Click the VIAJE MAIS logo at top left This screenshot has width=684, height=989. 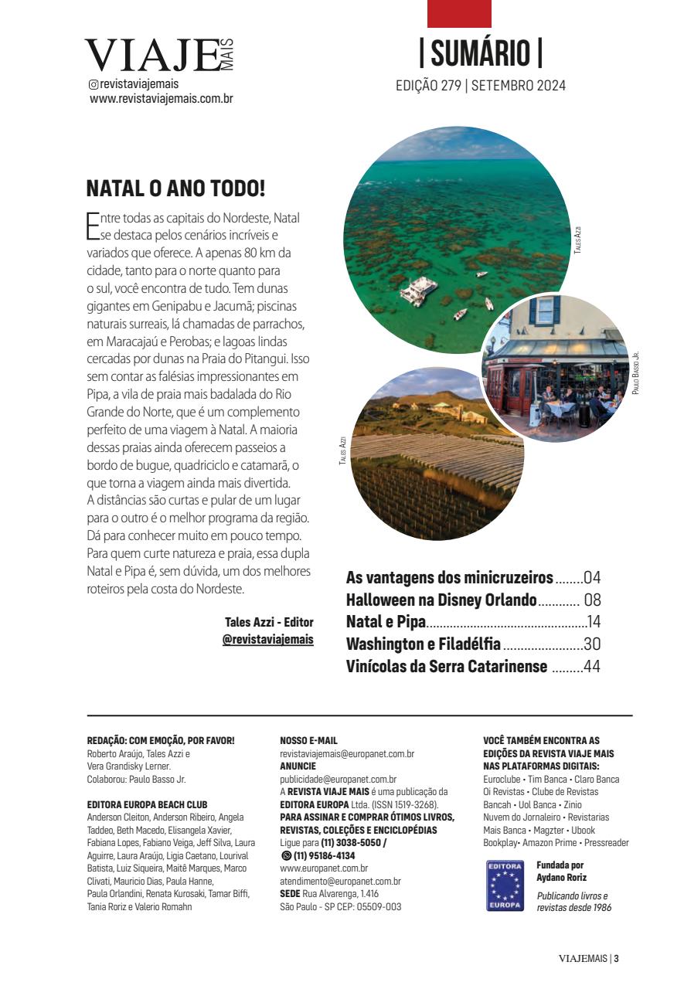tap(158, 56)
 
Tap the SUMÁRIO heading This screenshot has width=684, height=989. tap(480, 53)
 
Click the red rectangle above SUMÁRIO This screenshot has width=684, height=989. tap(459, 14)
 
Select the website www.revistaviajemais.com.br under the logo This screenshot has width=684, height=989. tap(162, 99)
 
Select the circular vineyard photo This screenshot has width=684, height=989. tap(427, 456)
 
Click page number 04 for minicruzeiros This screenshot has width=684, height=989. tap(592, 578)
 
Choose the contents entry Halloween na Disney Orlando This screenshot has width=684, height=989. tap(441, 600)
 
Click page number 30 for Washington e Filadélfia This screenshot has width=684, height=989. tap(592, 644)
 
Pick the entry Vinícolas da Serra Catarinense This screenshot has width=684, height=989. tap(447, 666)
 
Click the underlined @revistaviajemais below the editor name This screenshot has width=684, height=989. tap(267, 640)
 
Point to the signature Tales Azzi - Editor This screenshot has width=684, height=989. tap(269, 622)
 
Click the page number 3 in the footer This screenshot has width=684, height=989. tap(617, 959)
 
